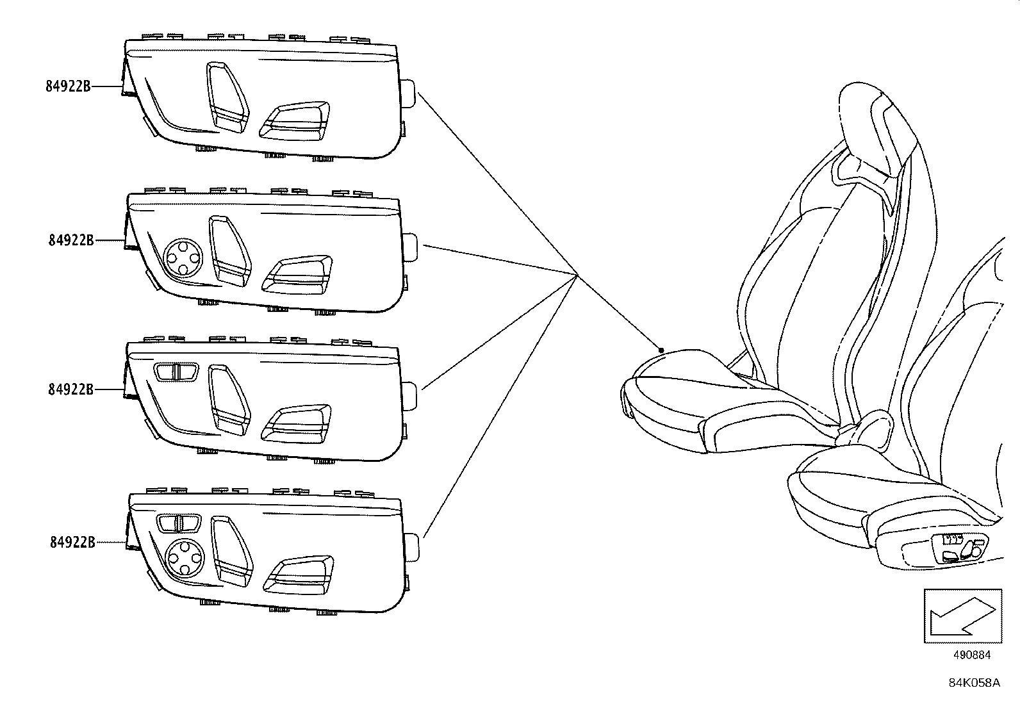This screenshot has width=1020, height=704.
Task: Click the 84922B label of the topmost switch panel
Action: point(68,86)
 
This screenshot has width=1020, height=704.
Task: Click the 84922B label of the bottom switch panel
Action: point(72,543)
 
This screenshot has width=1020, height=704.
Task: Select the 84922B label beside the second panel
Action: point(70,240)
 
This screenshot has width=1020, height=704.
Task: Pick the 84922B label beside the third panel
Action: point(70,389)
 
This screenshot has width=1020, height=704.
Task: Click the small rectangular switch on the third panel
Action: point(176,372)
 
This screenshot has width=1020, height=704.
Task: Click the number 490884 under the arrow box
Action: point(971,655)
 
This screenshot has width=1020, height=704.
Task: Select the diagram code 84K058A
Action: point(974,683)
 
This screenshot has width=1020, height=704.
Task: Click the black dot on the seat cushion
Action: point(661,350)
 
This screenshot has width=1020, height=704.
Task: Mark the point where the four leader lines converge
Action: point(577,275)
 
